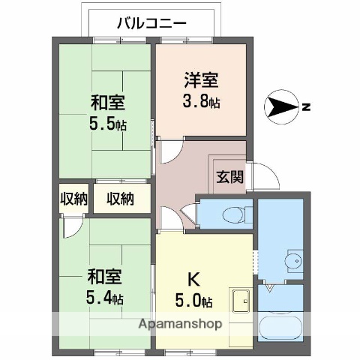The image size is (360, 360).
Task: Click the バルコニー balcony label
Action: click(x=151, y=23)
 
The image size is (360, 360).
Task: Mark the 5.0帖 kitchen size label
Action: click(x=194, y=301)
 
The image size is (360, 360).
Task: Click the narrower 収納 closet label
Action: click(x=73, y=199)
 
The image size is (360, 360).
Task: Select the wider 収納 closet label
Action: click(x=120, y=199)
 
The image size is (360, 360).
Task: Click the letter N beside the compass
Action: click(x=306, y=107)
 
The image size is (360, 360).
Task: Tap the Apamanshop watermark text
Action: click(x=180, y=325)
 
